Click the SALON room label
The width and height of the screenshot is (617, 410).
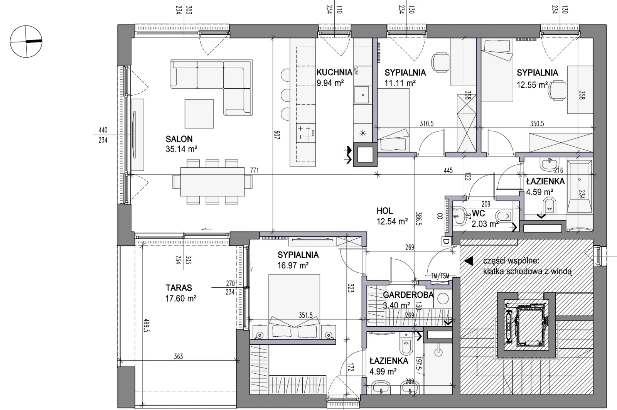(x=179, y=139)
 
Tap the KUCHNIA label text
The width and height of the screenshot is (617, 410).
(x=334, y=72)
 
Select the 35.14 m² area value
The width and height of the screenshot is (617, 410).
(x=181, y=149)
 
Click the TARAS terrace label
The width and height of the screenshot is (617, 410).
(x=179, y=288)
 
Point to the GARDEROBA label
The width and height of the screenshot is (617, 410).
(x=408, y=295)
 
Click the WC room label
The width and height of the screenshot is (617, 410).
(x=478, y=214)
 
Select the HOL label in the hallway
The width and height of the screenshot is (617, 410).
(x=384, y=211)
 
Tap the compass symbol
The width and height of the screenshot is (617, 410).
(x=26, y=42)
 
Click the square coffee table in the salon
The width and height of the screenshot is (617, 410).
(x=199, y=113)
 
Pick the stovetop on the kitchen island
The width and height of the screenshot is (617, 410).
(x=306, y=133)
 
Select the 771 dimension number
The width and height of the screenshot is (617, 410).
(x=254, y=170)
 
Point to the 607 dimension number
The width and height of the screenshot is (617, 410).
(x=277, y=135)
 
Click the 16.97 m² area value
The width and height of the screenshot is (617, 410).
(x=293, y=265)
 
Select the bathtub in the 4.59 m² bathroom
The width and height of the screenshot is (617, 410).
(x=579, y=187)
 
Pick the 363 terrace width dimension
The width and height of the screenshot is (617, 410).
(x=178, y=356)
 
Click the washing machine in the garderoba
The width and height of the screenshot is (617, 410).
(x=443, y=299)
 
